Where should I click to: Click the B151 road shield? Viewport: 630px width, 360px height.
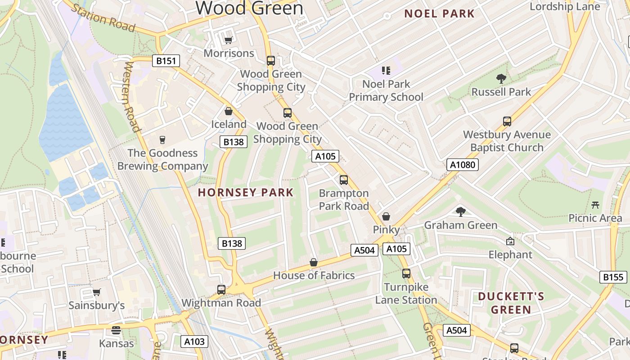[x=166, y=61]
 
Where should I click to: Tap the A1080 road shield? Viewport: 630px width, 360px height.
[x=463, y=165]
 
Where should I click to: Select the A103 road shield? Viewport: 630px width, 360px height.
[x=194, y=342]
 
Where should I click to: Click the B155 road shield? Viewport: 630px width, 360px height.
[x=613, y=277]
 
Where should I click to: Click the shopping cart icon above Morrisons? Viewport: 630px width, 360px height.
[x=228, y=40]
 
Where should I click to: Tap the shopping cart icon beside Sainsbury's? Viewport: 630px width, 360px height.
[x=96, y=292]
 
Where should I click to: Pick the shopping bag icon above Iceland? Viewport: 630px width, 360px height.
[x=229, y=111]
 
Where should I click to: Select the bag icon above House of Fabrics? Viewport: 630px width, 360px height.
[x=314, y=262]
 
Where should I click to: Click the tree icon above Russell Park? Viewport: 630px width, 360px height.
[x=501, y=79]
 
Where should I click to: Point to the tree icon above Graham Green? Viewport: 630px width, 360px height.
[x=460, y=211]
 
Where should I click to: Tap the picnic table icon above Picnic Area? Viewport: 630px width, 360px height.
[x=595, y=205]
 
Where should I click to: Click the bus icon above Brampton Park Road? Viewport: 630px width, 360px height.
[x=344, y=180]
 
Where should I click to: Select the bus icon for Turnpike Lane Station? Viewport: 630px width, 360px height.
[x=406, y=274]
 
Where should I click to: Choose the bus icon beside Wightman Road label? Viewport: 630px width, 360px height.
[x=221, y=289]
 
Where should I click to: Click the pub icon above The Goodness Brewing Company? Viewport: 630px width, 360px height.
[x=162, y=139]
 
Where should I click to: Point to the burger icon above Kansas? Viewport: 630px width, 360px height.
[x=116, y=330]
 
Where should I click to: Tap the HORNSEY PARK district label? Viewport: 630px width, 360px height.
[x=246, y=193]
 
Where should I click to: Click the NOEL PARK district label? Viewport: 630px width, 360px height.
[x=439, y=13]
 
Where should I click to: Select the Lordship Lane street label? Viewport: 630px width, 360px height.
[x=565, y=6]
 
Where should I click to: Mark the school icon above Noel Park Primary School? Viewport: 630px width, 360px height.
[x=386, y=70]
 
